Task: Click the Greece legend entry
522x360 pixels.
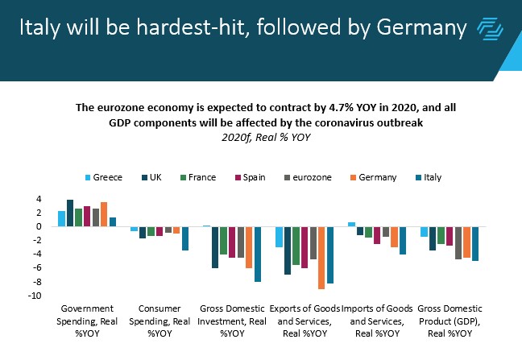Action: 103,177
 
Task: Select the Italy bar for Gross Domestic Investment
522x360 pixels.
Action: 258,254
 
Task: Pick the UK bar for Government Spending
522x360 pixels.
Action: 70,213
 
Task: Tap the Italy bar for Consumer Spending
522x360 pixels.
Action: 185,238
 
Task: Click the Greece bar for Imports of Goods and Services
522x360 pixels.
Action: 351,224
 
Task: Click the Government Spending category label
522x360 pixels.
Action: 87,320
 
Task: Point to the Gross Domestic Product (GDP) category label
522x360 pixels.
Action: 452,320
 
